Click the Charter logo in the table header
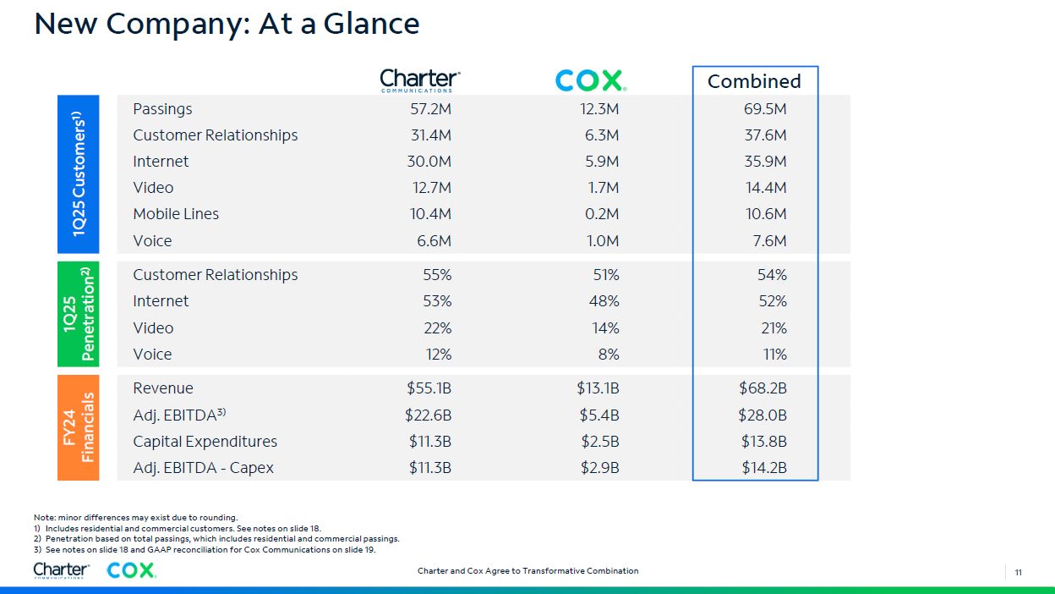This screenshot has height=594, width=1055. point(420,80)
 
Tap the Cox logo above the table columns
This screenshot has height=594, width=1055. point(590,80)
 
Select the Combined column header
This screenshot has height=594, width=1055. point(754,81)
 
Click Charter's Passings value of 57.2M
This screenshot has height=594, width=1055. point(429,109)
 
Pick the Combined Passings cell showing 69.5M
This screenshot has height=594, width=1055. point(766,109)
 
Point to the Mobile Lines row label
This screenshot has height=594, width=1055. point(176,214)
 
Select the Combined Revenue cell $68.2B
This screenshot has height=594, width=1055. point(763,388)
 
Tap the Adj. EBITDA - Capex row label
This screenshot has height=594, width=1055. point(203,467)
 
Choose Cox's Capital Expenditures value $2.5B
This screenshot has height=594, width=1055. point(599,441)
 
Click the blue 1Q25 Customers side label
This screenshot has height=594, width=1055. point(79,174)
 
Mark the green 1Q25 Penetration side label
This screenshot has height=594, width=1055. point(79,314)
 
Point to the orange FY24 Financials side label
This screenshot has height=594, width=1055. point(79,427)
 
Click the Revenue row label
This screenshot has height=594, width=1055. point(163,388)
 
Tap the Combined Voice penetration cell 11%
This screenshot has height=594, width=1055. point(774,354)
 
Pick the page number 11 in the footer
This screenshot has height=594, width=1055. point(1019,572)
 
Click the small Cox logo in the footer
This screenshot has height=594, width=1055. point(131,570)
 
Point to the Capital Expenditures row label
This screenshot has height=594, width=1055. point(205,441)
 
